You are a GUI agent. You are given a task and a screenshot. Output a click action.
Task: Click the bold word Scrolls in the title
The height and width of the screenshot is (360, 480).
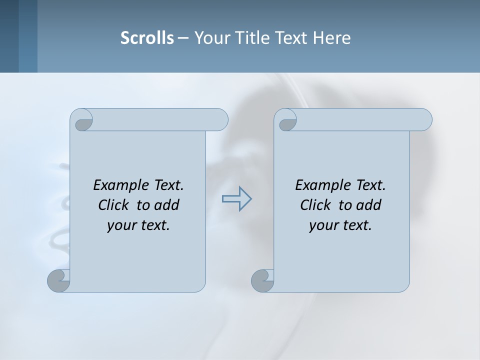tap(147, 38)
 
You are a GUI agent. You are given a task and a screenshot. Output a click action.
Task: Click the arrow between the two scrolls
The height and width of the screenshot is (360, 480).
tap(236, 199)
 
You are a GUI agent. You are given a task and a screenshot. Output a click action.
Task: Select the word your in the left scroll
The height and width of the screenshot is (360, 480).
tap(120, 225)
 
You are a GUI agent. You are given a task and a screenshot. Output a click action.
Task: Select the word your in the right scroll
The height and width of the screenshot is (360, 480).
tap(322, 225)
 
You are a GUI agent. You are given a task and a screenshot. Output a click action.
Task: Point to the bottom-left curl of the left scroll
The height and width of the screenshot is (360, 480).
tap(58, 280)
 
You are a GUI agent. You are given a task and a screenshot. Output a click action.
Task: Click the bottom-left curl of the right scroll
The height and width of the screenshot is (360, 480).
tap(262, 280)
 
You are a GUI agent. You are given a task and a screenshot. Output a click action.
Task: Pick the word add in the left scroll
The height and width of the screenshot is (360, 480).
tap(167, 205)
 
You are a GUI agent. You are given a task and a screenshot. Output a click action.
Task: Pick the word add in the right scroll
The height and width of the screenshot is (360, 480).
tap(369, 205)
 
